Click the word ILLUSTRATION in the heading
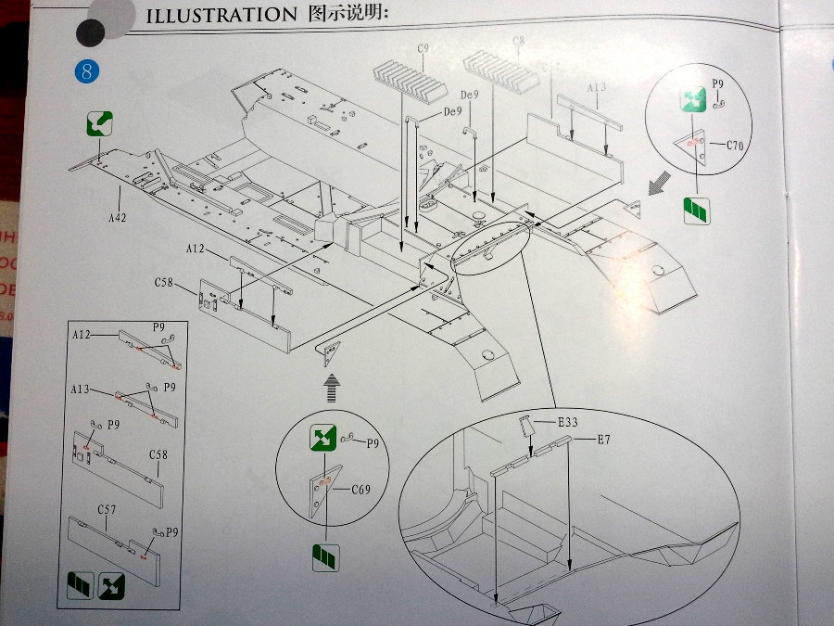215,15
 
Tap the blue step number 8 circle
85,71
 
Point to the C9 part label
424,48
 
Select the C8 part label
518,41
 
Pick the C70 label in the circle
738,145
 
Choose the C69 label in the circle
360,490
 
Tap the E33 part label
568,423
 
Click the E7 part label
603,439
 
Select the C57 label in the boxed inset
107,510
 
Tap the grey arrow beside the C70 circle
659,186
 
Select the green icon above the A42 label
100,122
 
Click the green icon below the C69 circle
324,557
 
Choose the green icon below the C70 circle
695,211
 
